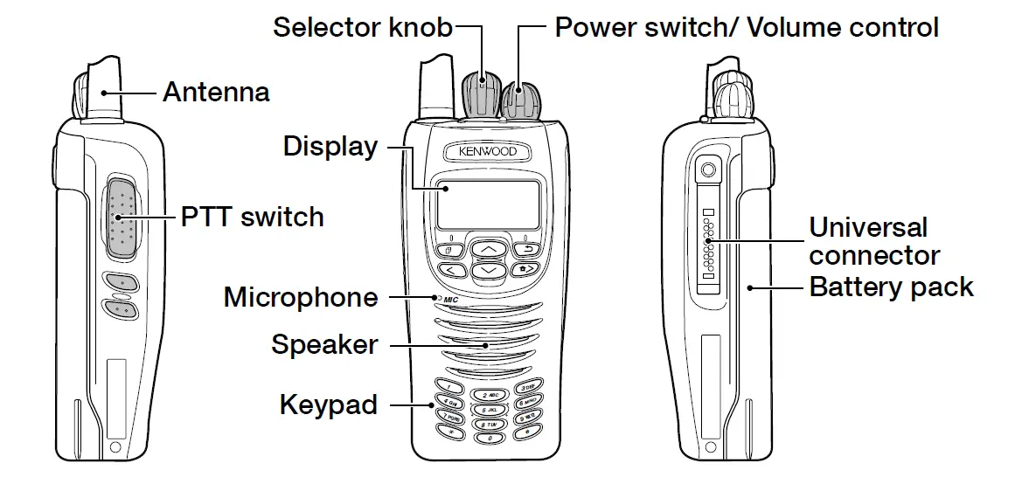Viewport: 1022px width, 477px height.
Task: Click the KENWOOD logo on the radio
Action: pyautogui.click(x=488, y=151)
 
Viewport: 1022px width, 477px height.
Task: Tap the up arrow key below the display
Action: pyautogui.click(x=488, y=250)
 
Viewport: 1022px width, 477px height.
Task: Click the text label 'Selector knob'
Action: pyautogui.click(x=363, y=27)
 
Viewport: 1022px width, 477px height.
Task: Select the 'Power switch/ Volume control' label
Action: pyautogui.click(x=747, y=27)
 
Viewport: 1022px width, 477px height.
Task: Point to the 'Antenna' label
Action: pyautogui.click(x=216, y=92)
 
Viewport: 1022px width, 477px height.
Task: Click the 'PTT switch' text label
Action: pyautogui.click(x=252, y=217)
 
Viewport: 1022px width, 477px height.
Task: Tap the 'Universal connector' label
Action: pyautogui.click(x=873, y=241)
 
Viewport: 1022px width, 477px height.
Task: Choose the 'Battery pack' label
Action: pyautogui.click(x=891, y=287)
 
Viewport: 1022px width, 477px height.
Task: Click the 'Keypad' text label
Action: pyautogui.click(x=329, y=404)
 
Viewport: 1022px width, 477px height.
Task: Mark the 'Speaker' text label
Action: pyautogui.click(x=324, y=344)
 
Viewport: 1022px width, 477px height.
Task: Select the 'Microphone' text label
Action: pyautogui.click(x=301, y=297)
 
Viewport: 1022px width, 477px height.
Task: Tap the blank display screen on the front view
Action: pyautogui.click(x=488, y=205)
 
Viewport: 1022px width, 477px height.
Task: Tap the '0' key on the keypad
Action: pyautogui.click(x=489, y=436)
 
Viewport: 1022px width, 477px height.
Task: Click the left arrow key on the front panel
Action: pyautogui.click(x=451, y=271)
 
